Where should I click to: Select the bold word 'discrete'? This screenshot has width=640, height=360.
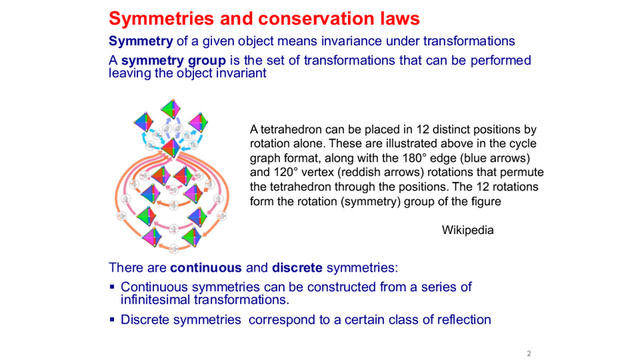[x=297, y=267]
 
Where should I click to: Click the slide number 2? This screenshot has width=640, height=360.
[x=529, y=352]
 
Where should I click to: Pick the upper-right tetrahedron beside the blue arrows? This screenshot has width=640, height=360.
[x=198, y=121]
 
